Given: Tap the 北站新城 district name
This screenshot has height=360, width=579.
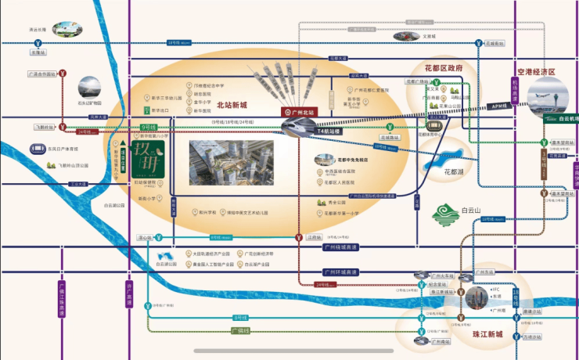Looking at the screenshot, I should coord(232,105).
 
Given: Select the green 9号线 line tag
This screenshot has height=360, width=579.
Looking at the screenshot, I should coord(149,127).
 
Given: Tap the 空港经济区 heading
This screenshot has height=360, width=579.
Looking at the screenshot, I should coord(530,71).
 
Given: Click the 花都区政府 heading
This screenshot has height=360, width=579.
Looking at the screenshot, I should coord(443,68).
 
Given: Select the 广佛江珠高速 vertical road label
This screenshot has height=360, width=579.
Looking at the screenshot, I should coord(63,297).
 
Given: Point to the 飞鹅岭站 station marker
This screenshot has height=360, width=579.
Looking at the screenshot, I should coord(61,127).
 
